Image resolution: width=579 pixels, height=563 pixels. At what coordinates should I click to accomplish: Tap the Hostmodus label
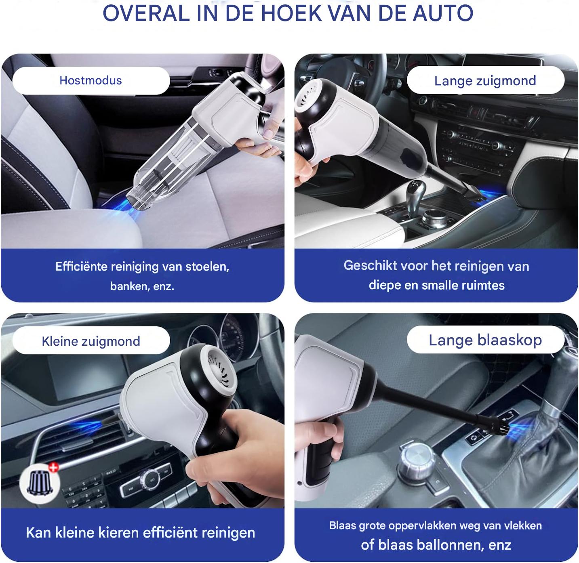pyautogui.click(x=91, y=81)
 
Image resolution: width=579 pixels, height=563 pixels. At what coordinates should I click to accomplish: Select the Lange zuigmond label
pyautogui.click(x=485, y=81)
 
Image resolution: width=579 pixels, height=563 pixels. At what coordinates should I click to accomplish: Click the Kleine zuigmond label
pyautogui.click(x=91, y=341)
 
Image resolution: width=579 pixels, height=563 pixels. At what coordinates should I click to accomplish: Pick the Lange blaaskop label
pyautogui.click(x=485, y=340)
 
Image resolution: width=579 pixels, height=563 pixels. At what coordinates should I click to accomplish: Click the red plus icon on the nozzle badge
pyautogui.click(x=53, y=467)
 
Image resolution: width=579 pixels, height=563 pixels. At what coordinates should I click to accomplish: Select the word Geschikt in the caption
pyautogui.click(x=370, y=265)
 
